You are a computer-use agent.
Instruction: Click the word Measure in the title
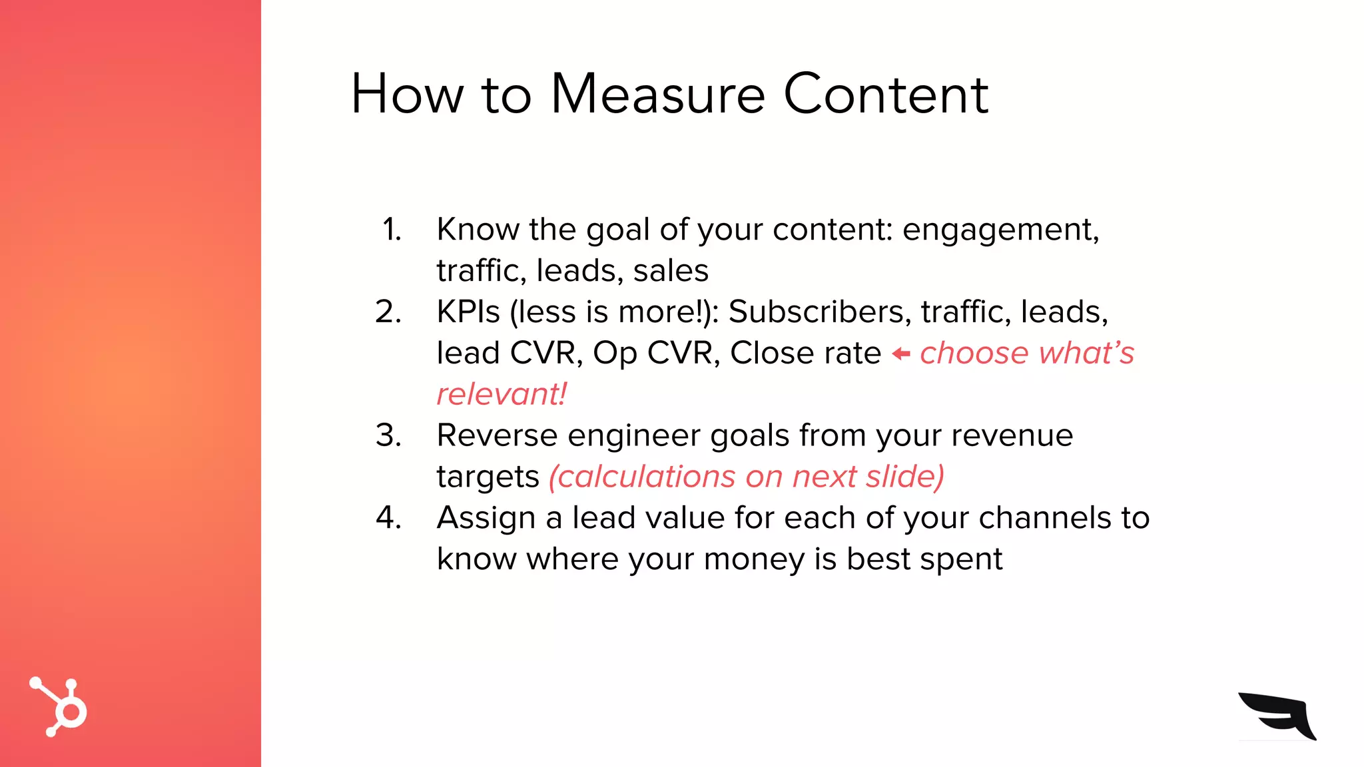tap(658, 95)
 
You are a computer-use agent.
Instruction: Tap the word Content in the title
tap(885, 95)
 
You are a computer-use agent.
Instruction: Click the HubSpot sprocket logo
tap(59, 707)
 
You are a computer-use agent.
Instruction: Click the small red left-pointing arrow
tap(900, 354)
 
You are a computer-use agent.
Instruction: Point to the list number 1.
tap(392, 230)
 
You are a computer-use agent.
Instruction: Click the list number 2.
tap(388, 312)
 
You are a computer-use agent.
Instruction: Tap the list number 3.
tap(388, 435)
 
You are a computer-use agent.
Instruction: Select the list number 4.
tap(388, 518)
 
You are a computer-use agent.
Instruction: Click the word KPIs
tap(468, 312)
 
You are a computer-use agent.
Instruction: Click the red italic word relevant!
tap(502, 394)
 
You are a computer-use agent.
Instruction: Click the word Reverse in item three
tap(497, 435)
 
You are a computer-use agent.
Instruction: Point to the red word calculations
tap(642, 477)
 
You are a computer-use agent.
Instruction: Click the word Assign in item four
tap(486, 519)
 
